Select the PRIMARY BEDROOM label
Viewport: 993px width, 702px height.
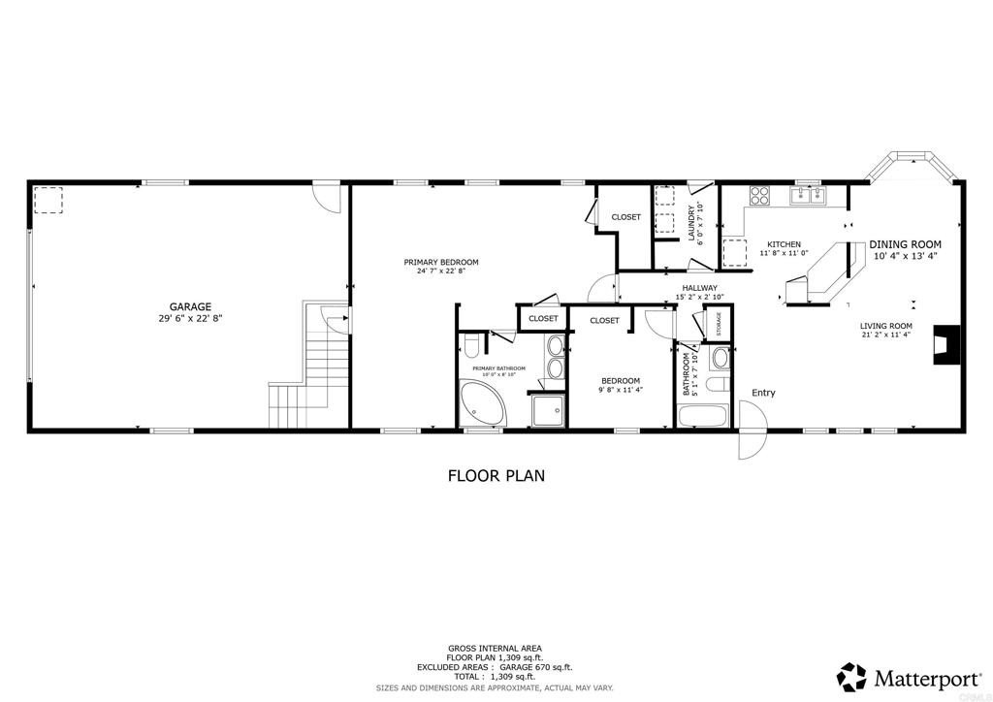pos(441,262)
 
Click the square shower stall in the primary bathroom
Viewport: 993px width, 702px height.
pos(548,410)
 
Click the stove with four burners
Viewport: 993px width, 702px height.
pos(757,196)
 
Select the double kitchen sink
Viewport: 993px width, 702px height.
pos(807,196)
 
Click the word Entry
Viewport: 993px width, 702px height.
pos(764,393)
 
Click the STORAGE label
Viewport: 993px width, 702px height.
pos(719,324)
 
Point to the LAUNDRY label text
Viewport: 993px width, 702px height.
pos(691,223)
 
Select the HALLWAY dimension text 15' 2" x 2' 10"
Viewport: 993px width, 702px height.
pos(698,298)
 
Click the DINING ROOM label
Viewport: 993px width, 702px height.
pos(905,244)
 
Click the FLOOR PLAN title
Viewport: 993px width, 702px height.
pos(496,476)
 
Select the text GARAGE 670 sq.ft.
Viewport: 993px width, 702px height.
pos(534,667)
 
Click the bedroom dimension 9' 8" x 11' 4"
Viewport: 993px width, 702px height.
pos(620,390)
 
